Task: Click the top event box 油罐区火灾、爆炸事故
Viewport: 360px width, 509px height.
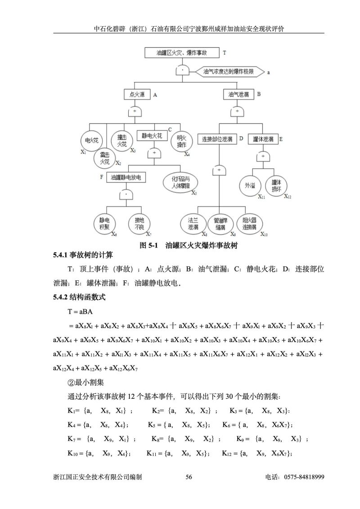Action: [x=182, y=53]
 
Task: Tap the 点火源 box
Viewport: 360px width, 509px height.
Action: [x=136, y=95]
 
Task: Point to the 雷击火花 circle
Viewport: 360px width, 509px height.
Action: [x=104, y=158]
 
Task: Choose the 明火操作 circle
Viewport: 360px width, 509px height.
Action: [x=181, y=141]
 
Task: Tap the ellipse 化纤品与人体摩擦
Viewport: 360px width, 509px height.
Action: [x=180, y=183]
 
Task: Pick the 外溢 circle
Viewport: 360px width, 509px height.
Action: [x=249, y=185]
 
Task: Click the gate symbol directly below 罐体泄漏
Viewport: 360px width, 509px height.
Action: [x=263, y=156]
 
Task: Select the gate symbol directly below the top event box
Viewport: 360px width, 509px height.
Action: [x=182, y=71]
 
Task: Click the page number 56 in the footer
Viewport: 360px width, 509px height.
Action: [x=189, y=489]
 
